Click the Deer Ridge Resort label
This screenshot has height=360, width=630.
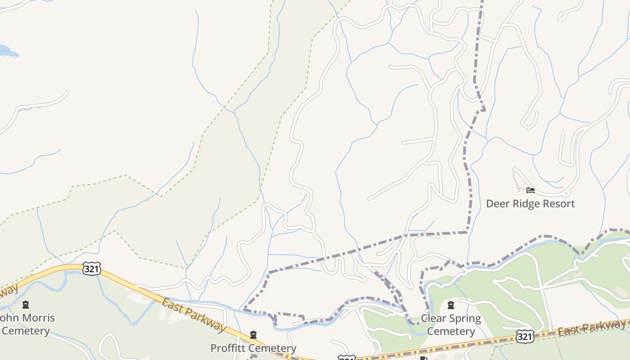(x=530, y=204)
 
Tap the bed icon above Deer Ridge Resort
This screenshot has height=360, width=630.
(x=531, y=190)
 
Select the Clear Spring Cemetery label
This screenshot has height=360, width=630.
(x=450, y=325)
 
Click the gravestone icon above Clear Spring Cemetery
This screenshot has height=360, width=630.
(x=450, y=306)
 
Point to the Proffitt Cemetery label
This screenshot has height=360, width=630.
(x=253, y=348)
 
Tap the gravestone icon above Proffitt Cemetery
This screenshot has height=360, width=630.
(x=253, y=335)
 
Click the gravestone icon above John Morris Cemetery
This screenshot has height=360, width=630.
(x=26, y=305)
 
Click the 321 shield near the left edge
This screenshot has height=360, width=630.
(x=91, y=269)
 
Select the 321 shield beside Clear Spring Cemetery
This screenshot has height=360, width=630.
(x=525, y=337)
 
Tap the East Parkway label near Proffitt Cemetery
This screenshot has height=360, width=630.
(x=193, y=315)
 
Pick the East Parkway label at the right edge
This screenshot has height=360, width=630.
(x=592, y=328)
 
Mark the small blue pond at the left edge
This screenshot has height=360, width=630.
(x=6, y=51)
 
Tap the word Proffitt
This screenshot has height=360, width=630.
(x=229, y=348)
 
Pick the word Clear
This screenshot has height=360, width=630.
(x=433, y=319)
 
